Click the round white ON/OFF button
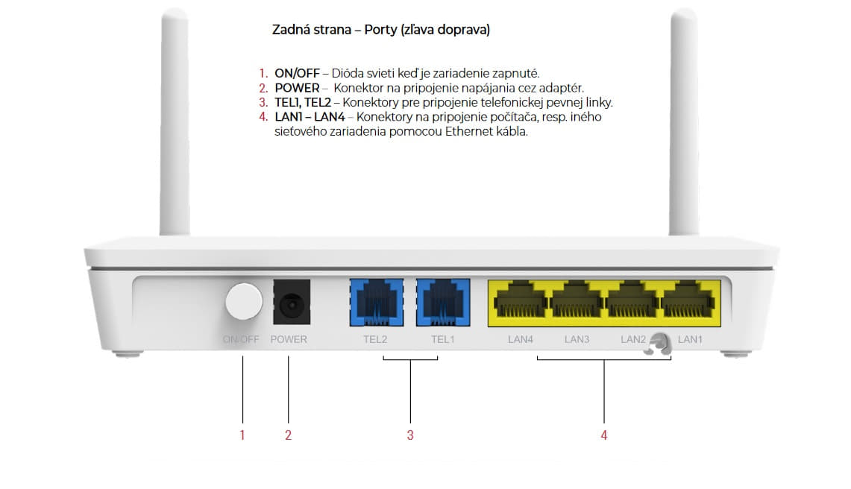click(244, 301)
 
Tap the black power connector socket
click(292, 303)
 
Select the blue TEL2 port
click(376, 303)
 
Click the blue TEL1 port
click(443, 303)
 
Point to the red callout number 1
click(242, 435)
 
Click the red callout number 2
click(288, 435)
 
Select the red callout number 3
click(410, 435)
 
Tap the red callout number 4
click(604, 435)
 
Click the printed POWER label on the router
click(289, 339)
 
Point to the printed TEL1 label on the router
click(443, 339)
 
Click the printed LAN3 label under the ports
click(577, 339)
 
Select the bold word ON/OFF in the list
click(297, 73)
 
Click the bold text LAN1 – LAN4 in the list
click(310, 117)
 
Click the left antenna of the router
click(175, 122)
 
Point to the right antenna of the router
click(684, 122)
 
